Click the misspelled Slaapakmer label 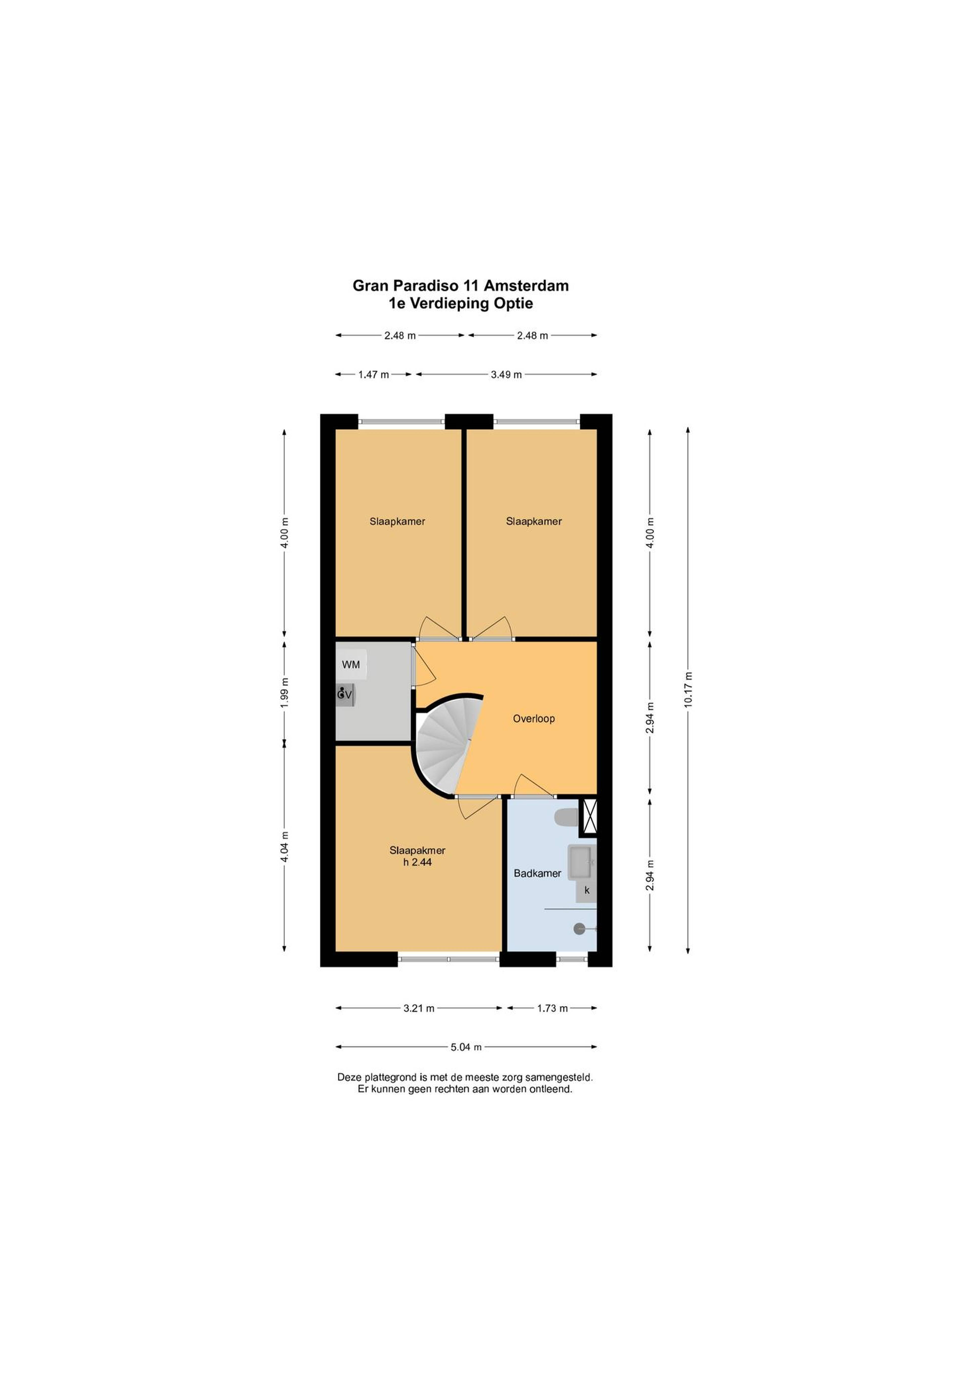(417, 850)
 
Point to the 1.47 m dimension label (374, 375)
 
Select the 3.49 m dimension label (506, 375)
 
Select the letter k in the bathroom (587, 891)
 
